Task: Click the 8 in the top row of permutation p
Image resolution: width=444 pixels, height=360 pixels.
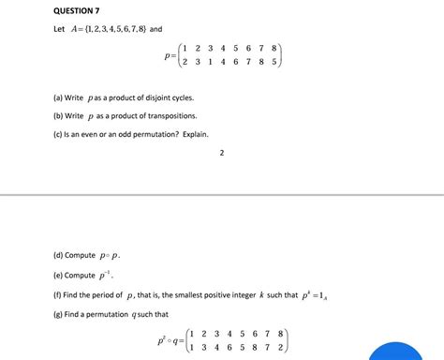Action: coord(274,47)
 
